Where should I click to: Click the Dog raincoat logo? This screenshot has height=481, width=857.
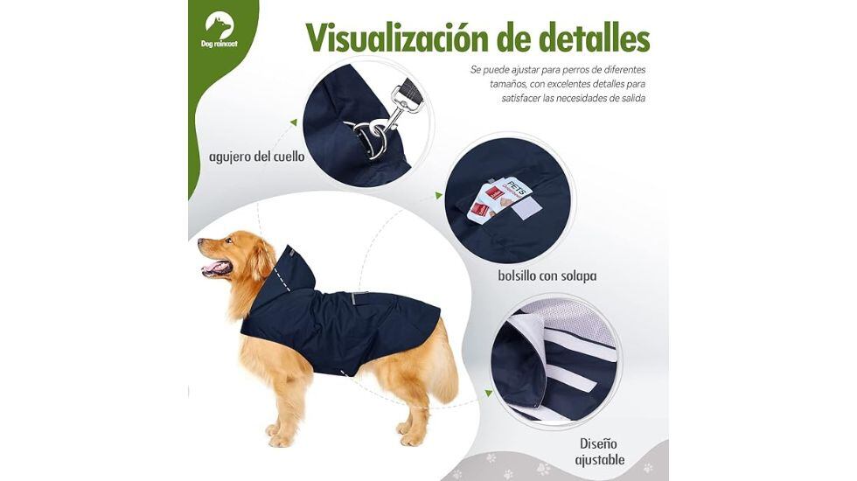219,30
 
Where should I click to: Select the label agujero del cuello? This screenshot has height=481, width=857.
256,157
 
